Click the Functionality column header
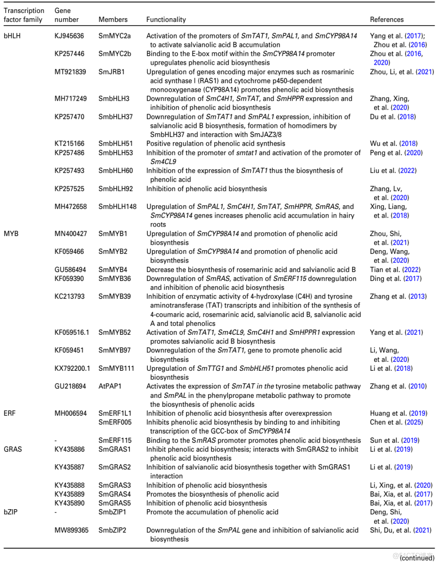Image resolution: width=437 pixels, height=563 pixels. [166, 19]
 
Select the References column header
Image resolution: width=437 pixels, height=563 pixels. [386, 19]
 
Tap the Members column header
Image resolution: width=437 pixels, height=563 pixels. [113, 19]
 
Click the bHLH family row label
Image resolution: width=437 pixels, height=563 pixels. [12, 36]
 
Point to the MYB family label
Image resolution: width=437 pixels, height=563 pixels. [11, 234]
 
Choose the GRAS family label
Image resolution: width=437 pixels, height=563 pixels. [13, 449]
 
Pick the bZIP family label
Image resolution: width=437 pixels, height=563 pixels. [11, 512]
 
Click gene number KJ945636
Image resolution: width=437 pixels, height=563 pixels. [69, 36]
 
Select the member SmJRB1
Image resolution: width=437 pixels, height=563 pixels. [111, 72]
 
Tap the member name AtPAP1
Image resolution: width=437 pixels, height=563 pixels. [110, 386]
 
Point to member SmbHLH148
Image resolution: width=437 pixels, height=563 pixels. [117, 206]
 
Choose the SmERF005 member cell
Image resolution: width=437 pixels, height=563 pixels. [115, 422]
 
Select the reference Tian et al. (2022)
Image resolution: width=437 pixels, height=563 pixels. [395, 270]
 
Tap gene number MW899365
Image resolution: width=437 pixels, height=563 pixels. [71, 530]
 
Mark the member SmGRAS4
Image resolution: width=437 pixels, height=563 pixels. [115, 494]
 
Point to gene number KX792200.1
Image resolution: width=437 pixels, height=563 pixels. [72, 368]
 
